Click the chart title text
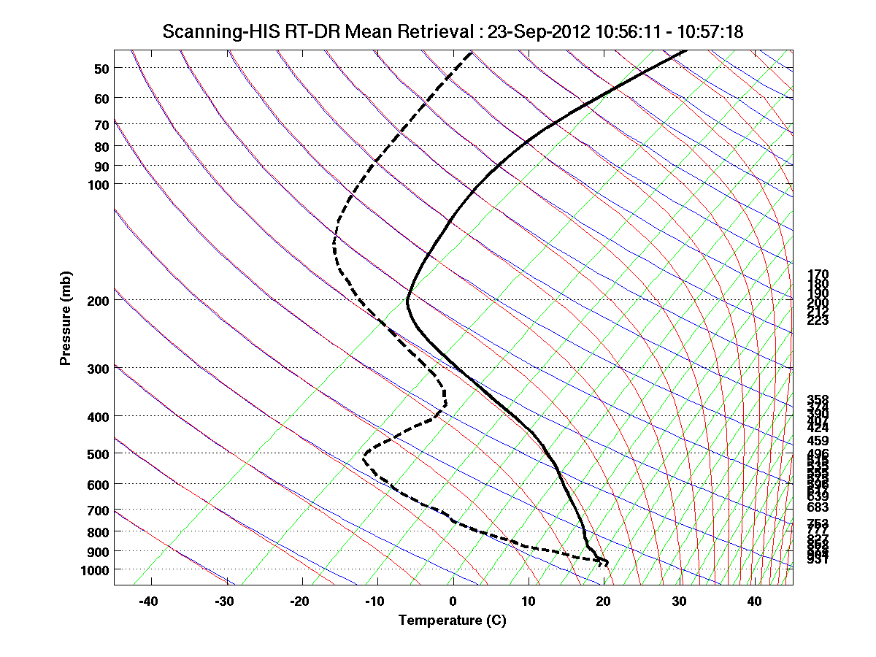click(453, 31)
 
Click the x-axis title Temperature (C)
click(452, 620)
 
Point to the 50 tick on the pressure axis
click(101, 69)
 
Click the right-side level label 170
click(818, 274)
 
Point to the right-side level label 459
click(818, 441)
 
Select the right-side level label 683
click(818, 507)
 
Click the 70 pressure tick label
click(101, 125)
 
